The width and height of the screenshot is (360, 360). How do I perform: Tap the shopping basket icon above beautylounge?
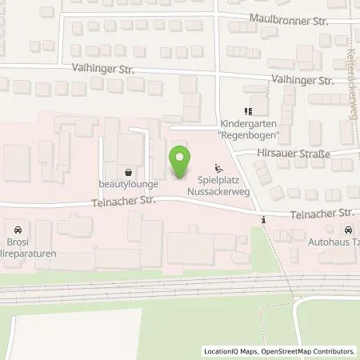click(x=129, y=171)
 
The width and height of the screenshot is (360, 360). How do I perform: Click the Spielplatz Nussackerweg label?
click(x=219, y=186)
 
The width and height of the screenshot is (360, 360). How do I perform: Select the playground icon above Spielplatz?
click(x=219, y=168)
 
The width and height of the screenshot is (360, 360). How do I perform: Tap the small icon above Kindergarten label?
click(x=248, y=112)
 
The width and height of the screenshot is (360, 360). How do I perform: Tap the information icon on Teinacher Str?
click(x=262, y=220)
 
